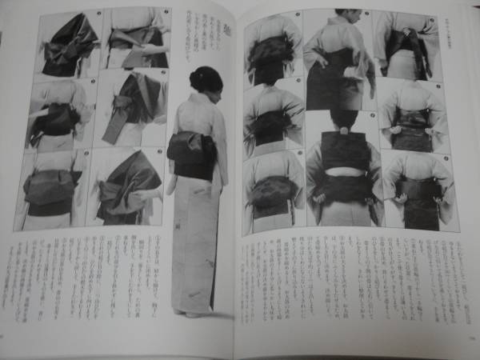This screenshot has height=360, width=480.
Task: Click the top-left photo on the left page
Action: click(x=70, y=44)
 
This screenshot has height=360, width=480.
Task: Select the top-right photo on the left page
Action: click(x=136, y=38)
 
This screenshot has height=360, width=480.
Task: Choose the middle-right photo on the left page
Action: click(x=132, y=108)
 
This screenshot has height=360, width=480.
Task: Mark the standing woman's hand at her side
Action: click(x=171, y=184)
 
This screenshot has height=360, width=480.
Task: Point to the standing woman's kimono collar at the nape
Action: click(x=203, y=98)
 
